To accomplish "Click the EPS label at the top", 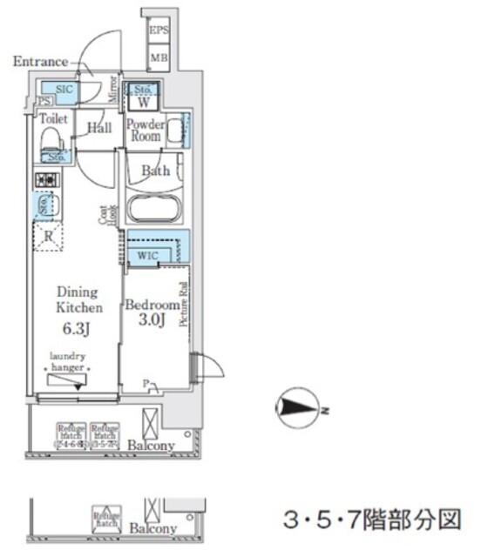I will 159,31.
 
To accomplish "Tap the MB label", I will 159,58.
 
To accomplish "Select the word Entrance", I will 40,62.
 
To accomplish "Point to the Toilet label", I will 53,117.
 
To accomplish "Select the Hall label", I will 98,128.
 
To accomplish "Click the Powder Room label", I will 145,130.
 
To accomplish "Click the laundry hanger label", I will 66,361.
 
